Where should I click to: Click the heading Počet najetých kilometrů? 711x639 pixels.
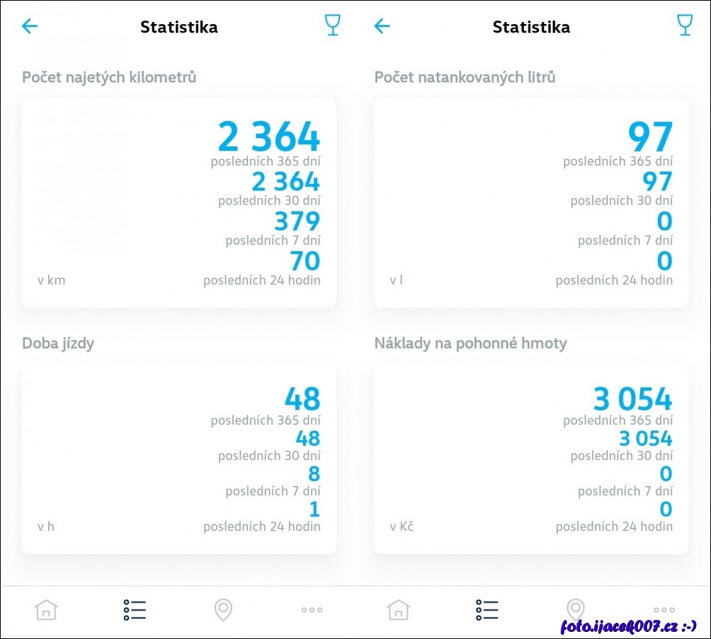[x=109, y=77]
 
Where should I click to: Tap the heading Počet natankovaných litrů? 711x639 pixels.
[x=465, y=77]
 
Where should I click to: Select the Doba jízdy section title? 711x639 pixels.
[x=58, y=343]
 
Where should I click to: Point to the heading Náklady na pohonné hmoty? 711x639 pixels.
[x=470, y=343]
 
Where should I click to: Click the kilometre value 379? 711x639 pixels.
[x=296, y=221]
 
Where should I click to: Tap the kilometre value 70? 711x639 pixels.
[x=305, y=261]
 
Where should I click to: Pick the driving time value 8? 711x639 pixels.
[x=314, y=473]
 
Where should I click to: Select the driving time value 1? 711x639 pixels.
[x=314, y=509]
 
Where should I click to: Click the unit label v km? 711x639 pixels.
[x=51, y=280]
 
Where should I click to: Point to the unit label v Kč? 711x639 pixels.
[x=402, y=526]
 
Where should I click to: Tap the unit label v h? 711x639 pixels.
[x=46, y=526]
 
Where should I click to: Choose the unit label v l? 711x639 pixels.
[x=396, y=280]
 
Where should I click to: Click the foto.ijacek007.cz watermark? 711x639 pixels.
[x=629, y=626]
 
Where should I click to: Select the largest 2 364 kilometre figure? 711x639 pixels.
[x=269, y=137]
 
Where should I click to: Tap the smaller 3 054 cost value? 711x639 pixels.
[x=645, y=439]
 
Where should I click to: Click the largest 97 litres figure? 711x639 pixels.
[x=650, y=137]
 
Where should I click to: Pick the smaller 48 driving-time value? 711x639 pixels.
[x=308, y=439]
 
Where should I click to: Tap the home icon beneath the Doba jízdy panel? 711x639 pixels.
[x=46, y=609]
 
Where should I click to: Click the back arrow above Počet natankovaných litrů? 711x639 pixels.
[x=382, y=26]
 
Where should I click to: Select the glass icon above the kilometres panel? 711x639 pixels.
[x=332, y=25]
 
